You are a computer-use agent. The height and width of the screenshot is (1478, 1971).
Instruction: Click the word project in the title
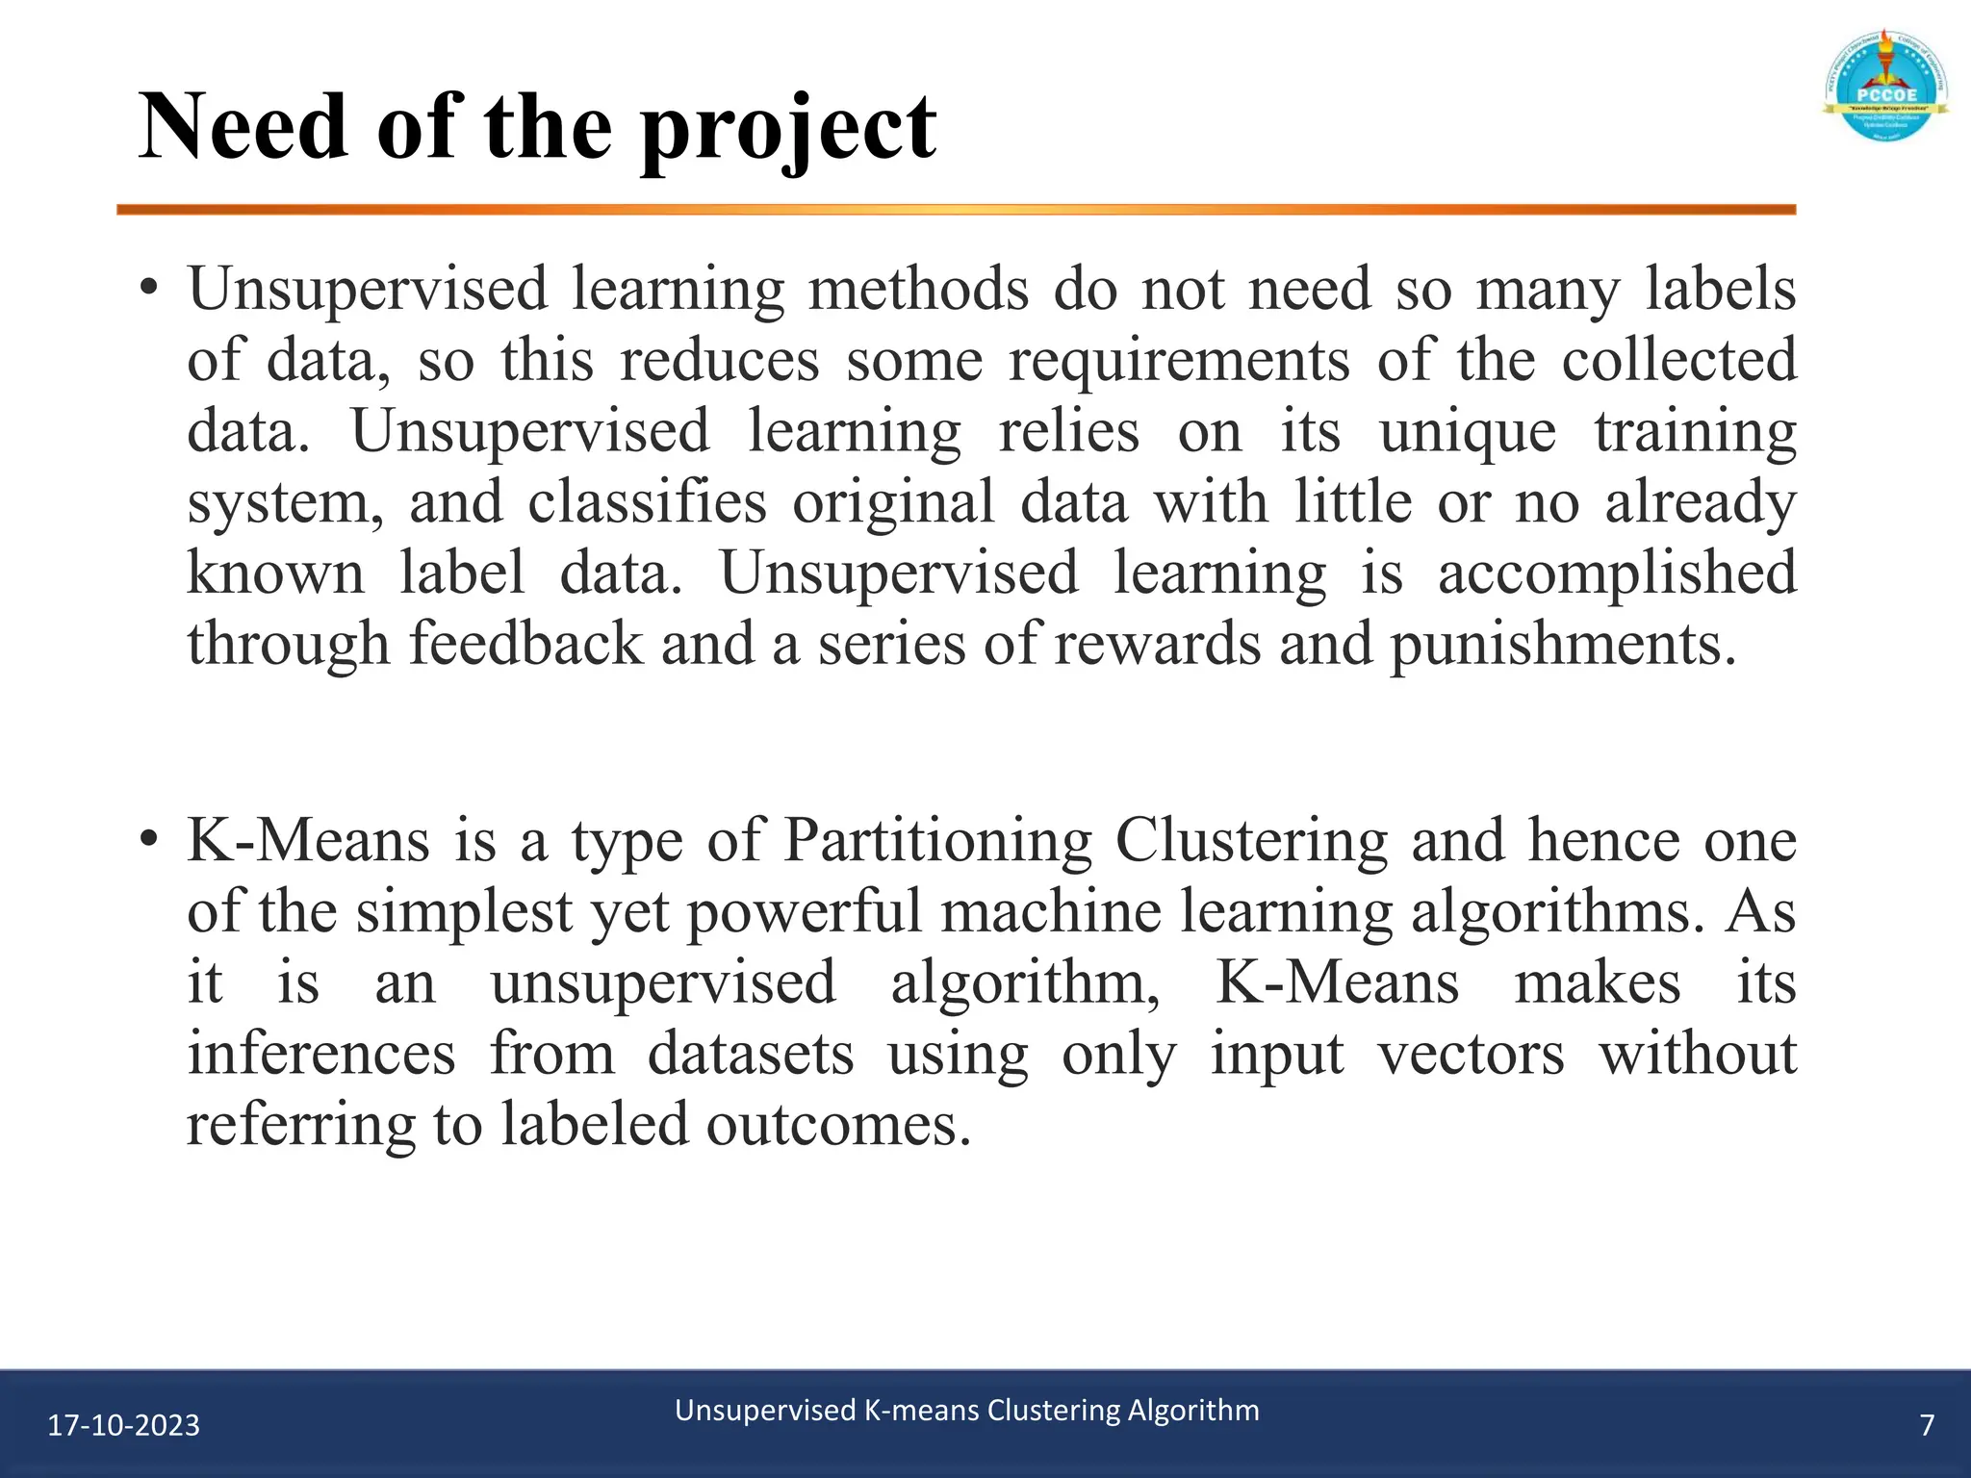(788, 130)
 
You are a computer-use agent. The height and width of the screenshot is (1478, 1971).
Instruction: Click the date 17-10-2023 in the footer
(124, 1425)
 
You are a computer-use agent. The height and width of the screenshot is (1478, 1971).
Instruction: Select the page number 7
(1927, 1425)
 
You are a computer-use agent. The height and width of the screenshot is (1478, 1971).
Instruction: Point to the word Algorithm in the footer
(1193, 1411)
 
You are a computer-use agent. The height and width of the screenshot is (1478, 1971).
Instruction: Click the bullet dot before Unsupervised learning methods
(147, 288)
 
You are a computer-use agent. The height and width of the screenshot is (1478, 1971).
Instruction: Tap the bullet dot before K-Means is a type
(147, 839)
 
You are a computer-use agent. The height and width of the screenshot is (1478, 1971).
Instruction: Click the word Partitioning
(937, 840)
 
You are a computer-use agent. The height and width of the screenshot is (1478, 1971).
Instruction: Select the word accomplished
(1617, 573)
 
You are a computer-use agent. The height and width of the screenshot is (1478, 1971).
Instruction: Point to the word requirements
(1179, 360)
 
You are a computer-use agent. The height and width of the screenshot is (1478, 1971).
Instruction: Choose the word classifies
(647, 502)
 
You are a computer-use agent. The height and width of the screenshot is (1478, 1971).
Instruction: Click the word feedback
(525, 644)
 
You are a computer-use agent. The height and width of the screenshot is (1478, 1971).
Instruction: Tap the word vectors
(1471, 1054)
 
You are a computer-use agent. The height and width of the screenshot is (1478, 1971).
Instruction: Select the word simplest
(465, 911)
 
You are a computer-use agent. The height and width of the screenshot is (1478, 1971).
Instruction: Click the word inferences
(321, 1054)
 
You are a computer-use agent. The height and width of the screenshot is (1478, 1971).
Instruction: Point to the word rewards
(1157, 644)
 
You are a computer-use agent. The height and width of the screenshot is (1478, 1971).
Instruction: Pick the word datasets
(751, 1054)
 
